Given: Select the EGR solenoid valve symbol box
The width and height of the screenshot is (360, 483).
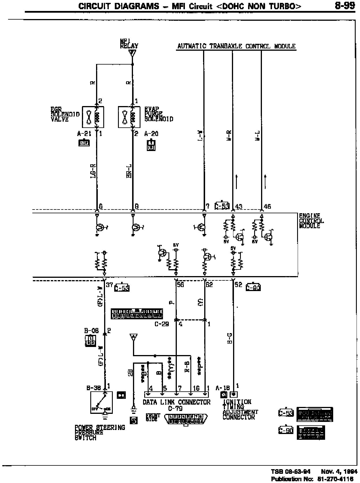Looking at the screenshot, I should [x=93, y=117].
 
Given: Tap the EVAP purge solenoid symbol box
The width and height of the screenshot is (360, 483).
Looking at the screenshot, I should [x=129, y=117].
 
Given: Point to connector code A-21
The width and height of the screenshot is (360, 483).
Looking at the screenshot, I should [x=84, y=134].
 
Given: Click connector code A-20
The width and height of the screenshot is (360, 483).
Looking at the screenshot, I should [x=151, y=134].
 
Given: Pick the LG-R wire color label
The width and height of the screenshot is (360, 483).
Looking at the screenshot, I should [x=93, y=171].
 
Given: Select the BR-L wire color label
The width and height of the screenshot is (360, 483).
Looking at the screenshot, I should [x=129, y=171].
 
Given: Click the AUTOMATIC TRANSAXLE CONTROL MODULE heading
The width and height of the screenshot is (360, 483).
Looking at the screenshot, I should [x=236, y=46].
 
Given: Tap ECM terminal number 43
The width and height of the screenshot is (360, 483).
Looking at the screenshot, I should [x=239, y=207].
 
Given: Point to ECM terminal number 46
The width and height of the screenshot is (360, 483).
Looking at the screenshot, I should [x=267, y=207].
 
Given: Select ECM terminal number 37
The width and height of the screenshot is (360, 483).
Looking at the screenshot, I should [x=109, y=285].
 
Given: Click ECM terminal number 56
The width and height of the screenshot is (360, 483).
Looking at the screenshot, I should [x=180, y=285].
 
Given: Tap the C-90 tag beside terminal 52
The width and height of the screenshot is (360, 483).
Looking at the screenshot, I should [x=253, y=288].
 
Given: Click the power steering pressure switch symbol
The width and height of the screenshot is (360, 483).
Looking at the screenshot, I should [x=102, y=402].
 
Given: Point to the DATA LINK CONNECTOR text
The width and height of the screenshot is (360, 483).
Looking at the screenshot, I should [x=177, y=402].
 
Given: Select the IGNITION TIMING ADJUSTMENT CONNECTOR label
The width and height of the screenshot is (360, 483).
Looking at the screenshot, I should [x=240, y=409].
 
